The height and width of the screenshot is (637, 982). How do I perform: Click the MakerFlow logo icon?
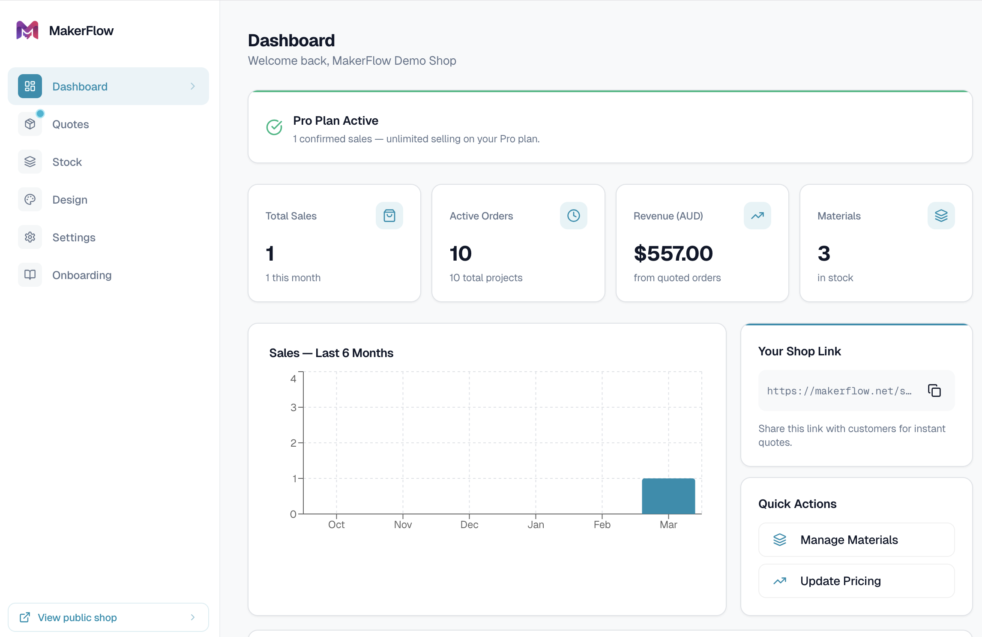click(x=27, y=30)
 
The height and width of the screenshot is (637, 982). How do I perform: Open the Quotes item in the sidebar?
click(x=70, y=124)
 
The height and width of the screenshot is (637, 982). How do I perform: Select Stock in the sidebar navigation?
click(x=67, y=162)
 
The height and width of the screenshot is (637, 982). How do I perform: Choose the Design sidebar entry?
click(x=69, y=200)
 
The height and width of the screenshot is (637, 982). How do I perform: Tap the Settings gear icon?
click(x=30, y=237)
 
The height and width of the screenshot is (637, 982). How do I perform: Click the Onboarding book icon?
click(x=30, y=275)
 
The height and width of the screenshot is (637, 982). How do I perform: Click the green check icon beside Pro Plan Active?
click(x=274, y=127)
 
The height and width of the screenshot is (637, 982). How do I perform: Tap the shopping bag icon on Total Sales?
click(x=389, y=216)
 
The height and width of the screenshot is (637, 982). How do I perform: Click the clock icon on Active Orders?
click(x=574, y=216)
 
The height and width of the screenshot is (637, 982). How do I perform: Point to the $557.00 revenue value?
click(x=673, y=253)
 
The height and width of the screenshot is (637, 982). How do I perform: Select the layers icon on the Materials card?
click(x=941, y=216)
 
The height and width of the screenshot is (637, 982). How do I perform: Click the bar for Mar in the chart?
click(x=668, y=496)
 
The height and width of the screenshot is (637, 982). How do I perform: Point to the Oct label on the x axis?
click(x=336, y=525)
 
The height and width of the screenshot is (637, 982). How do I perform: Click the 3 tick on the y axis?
click(x=293, y=407)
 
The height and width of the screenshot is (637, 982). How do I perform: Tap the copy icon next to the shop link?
click(x=934, y=391)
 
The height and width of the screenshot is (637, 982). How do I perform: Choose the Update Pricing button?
click(x=856, y=581)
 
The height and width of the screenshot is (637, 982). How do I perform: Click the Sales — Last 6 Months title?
click(x=331, y=353)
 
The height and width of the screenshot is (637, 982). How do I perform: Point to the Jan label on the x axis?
click(x=536, y=525)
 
